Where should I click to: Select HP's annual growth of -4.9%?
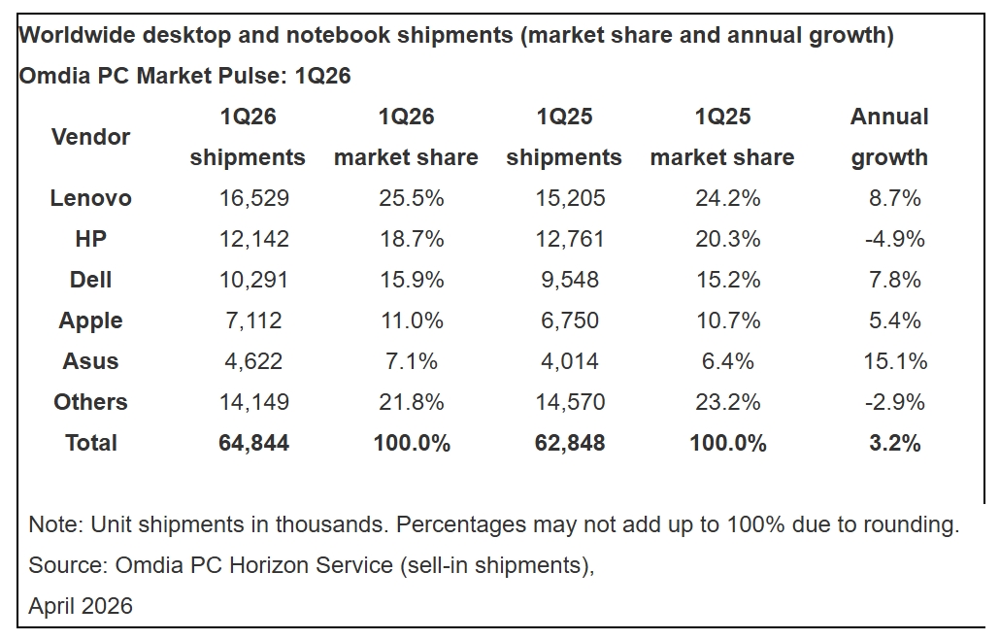pos(893,239)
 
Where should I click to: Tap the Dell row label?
pos(90,280)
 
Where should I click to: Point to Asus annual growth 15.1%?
pos(893,361)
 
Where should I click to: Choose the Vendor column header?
pos(90,137)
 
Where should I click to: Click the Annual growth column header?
pos(889,137)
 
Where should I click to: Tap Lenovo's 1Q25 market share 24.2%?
pos(727,198)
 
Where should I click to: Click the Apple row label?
pos(90,320)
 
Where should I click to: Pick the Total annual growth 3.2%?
pos(893,443)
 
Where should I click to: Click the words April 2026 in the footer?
pos(81,606)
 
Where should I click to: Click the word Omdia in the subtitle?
pos(50,76)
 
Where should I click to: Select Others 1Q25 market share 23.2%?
pos(727,402)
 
